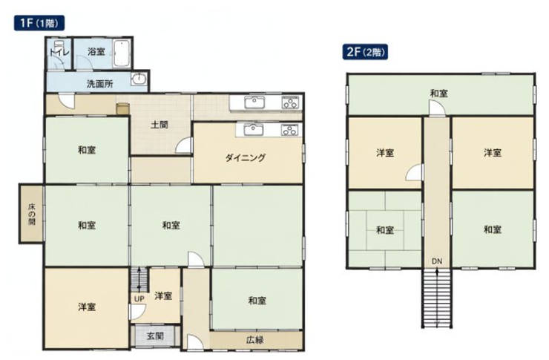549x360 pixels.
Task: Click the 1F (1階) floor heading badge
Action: coord(39,23)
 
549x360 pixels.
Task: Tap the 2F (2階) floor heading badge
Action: coord(365,52)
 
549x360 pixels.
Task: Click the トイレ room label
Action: coord(59,53)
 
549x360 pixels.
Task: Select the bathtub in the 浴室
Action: coord(122,53)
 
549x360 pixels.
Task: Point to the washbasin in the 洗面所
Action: coord(139,79)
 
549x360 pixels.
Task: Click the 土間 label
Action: coord(160,125)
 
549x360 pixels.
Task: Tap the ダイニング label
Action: coord(246,158)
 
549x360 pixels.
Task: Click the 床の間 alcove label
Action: coord(32,214)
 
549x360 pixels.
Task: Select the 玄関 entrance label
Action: coord(155,336)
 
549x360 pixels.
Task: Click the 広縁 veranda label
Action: coord(255,340)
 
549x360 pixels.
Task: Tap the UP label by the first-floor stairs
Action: coord(139,299)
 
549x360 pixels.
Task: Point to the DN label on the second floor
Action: coord(437,261)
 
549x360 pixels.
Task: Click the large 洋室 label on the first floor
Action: coord(87,307)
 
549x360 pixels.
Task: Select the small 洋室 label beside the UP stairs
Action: coord(163,296)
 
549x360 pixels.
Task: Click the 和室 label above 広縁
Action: coord(257,301)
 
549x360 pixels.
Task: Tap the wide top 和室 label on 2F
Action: coord(439,94)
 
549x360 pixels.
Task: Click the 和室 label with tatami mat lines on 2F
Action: coord(385,230)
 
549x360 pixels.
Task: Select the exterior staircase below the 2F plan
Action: coord(437,298)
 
